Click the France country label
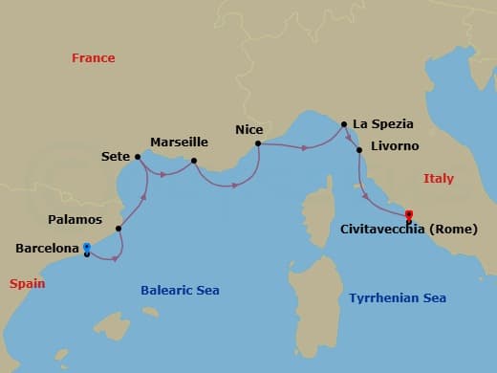(93, 58)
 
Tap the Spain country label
(27, 283)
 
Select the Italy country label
(439, 179)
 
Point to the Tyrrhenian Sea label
(398, 298)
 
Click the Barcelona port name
(47, 248)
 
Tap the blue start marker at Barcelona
(87, 246)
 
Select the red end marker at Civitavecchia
(409, 214)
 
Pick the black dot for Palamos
(119, 229)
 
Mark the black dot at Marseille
(193, 161)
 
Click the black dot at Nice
(258, 144)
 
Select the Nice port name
(249, 128)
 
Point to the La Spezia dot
(344, 123)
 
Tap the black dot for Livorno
(358, 150)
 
